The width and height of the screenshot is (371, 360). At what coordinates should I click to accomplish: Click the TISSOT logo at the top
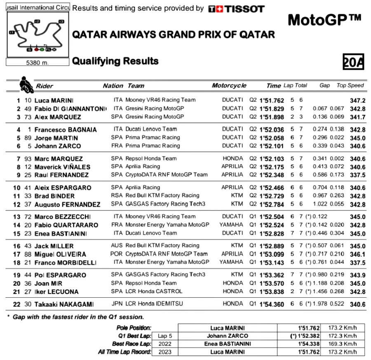click(236, 9)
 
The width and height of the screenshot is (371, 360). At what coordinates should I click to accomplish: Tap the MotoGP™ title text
click(324, 20)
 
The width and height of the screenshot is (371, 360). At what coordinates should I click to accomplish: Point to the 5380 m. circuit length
click(37, 63)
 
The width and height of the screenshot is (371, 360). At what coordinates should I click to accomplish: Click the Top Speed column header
click(350, 85)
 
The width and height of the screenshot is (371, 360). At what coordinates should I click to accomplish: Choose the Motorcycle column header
click(229, 86)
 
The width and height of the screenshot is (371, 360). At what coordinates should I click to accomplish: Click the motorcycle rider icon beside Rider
click(26, 84)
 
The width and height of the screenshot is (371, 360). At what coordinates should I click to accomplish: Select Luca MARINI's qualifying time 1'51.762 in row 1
click(272, 100)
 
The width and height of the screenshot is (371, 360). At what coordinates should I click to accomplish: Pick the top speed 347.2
click(357, 100)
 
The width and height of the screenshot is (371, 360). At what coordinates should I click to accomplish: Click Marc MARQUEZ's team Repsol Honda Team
click(151, 158)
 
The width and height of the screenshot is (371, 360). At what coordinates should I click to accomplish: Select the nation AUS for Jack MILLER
click(117, 245)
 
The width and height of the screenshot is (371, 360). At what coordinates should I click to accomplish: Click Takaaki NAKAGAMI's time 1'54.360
click(272, 304)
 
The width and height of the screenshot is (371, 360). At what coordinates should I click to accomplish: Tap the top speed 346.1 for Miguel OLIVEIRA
click(357, 254)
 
